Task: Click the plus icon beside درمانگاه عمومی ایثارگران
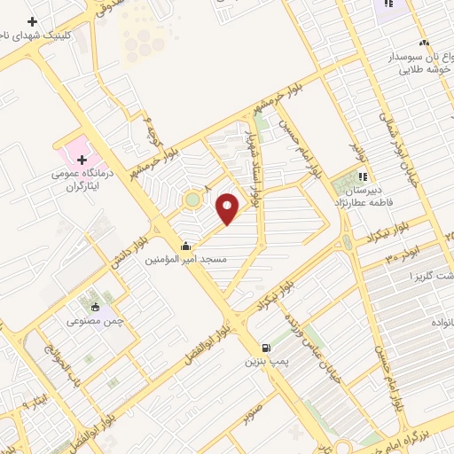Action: click(x=82, y=160)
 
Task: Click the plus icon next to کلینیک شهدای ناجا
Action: click(x=32, y=21)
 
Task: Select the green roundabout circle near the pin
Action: click(x=192, y=200)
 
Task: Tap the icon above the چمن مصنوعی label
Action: click(x=95, y=308)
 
